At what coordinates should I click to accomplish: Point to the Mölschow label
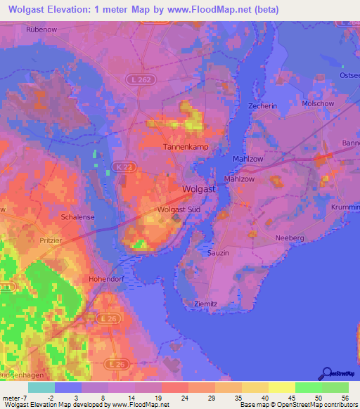click(x=318, y=103)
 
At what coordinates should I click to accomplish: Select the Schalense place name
click(x=78, y=218)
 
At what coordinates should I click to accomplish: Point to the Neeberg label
click(x=290, y=238)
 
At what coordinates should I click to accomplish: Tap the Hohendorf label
click(x=105, y=278)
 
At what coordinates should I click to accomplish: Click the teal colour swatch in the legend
click(x=41, y=387)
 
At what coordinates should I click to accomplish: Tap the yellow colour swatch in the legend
click(x=281, y=387)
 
